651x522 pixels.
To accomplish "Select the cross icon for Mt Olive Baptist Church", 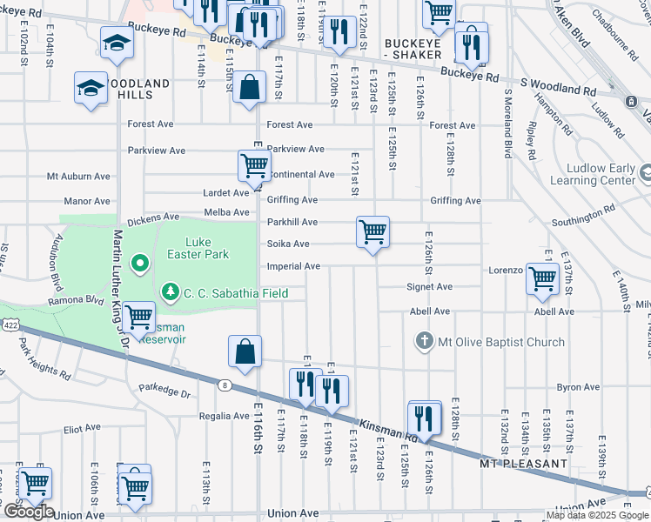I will pyautogui.click(x=424, y=342).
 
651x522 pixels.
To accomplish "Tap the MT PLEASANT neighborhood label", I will pyautogui.click(x=524, y=464).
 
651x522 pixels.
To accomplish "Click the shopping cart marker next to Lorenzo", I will pyautogui.click(x=543, y=279).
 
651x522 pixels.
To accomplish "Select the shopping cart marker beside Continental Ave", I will pyautogui.click(x=254, y=165).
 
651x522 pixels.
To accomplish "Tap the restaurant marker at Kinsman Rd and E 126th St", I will pyautogui.click(x=425, y=418).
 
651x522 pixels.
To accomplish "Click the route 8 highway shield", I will pyautogui.click(x=225, y=385).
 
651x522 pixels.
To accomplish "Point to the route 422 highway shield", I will pyautogui.click(x=7, y=324).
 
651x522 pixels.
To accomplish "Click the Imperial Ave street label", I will pyautogui.click(x=293, y=266).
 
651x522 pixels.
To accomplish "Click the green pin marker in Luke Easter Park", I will pyautogui.click(x=138, y=262).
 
